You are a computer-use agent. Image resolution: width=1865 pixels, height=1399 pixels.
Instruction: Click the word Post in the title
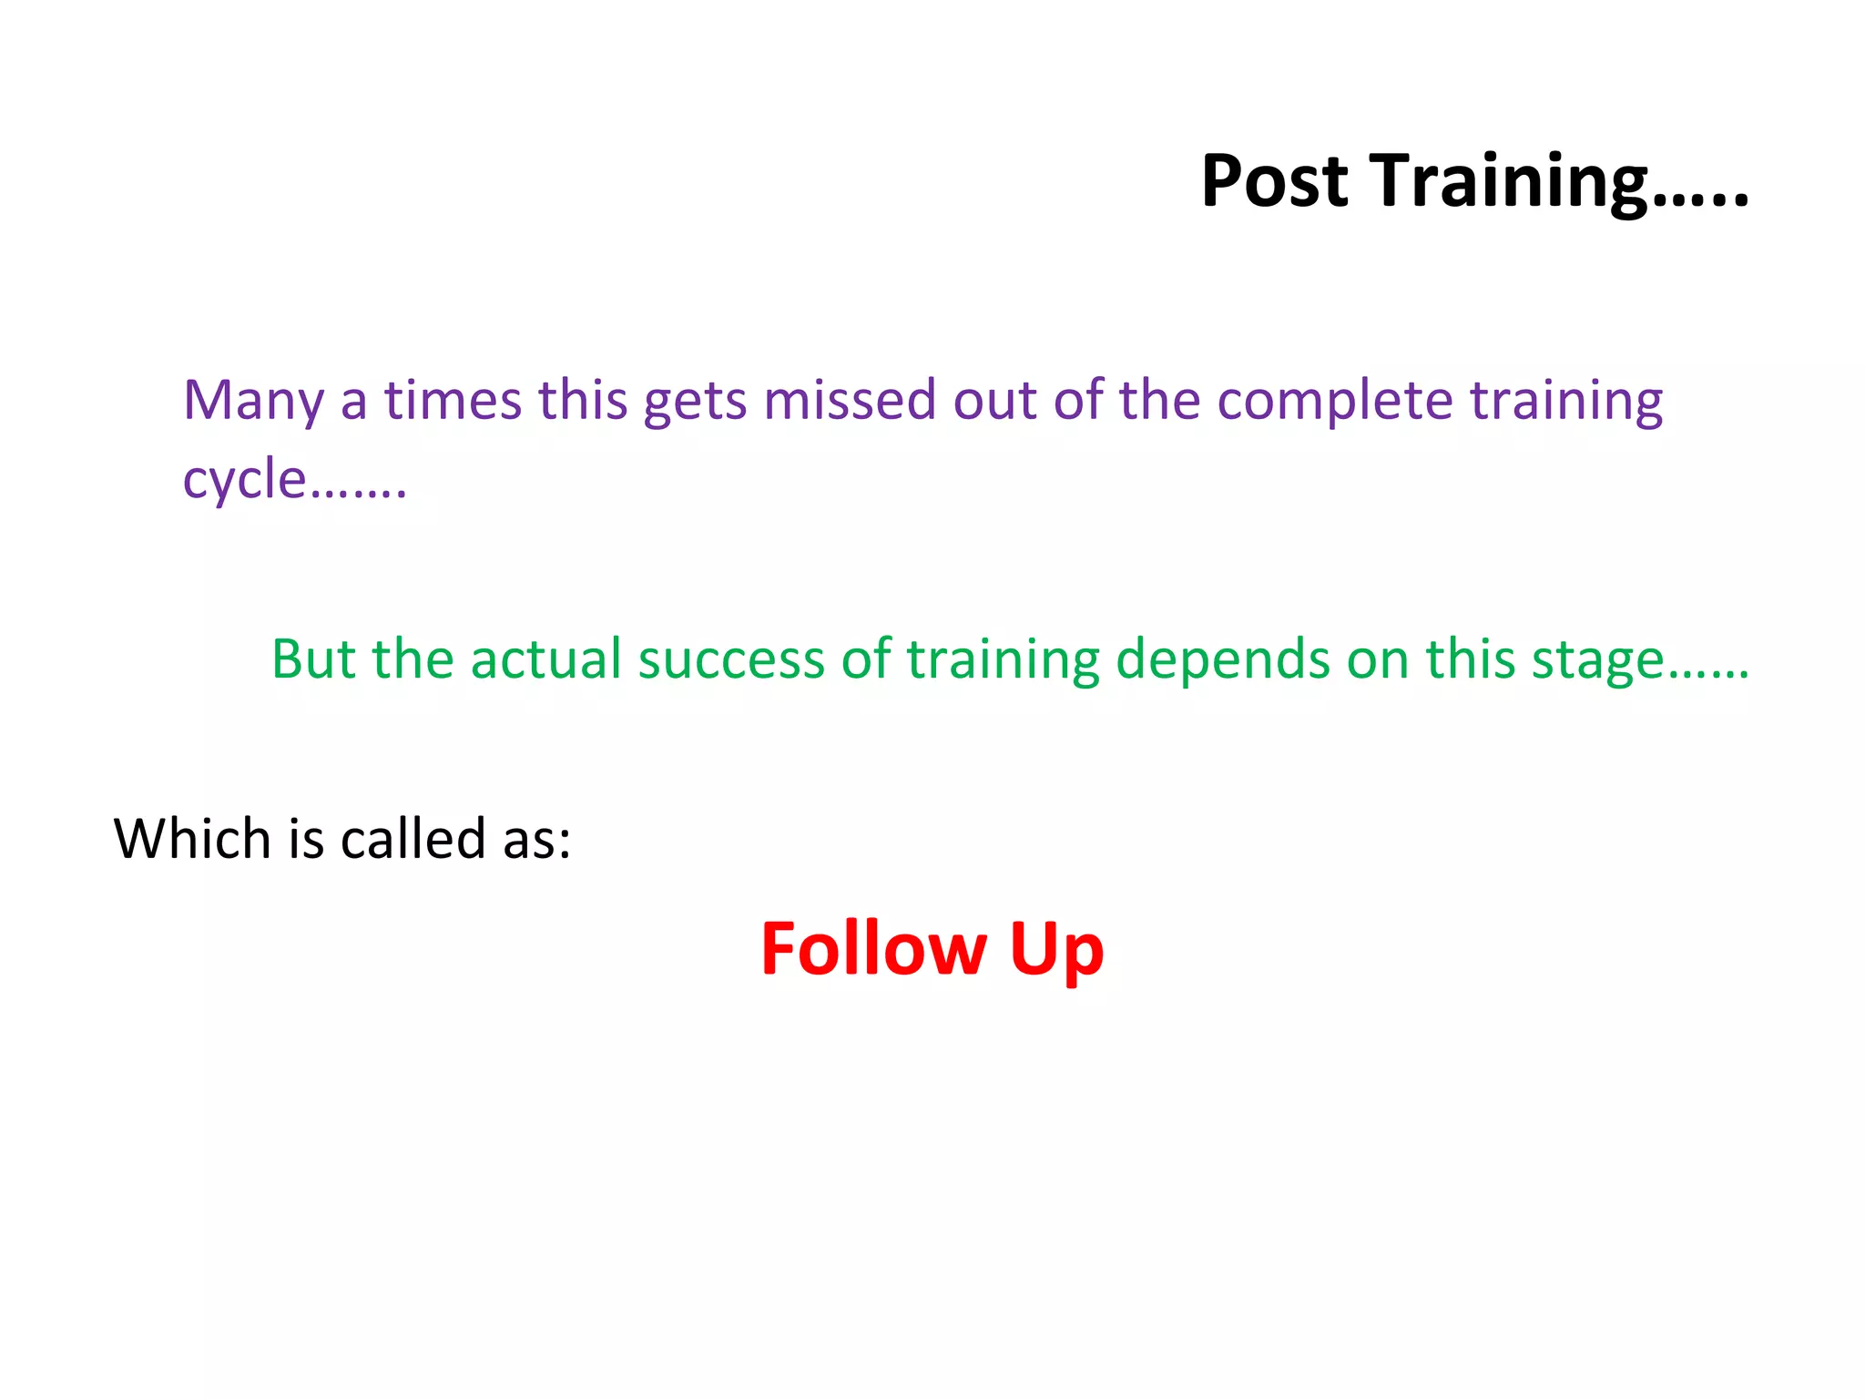click(x=1274, y=181)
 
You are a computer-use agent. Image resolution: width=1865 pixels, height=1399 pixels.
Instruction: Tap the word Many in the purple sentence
click(x=253, y=401)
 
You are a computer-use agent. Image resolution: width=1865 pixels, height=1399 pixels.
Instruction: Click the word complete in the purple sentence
click(x=1335, y=401)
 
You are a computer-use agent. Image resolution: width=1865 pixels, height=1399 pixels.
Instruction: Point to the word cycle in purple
click(x=244, y=480)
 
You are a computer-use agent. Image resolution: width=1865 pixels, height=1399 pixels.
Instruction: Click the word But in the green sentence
click(x=313, y=659)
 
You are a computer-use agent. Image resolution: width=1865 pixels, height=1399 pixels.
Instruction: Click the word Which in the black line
click(x=192, y=838)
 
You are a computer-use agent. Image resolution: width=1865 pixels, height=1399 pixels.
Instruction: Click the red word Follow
click(x=873, y=949)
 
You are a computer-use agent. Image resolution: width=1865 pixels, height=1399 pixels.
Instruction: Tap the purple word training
click(x=1566, y=401)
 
